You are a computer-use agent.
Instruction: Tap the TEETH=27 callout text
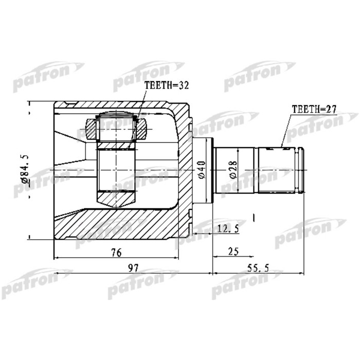point(314,109)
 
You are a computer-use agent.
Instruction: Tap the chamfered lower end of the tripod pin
point(116,198)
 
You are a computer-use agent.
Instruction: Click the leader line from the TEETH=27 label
point(286,129)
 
